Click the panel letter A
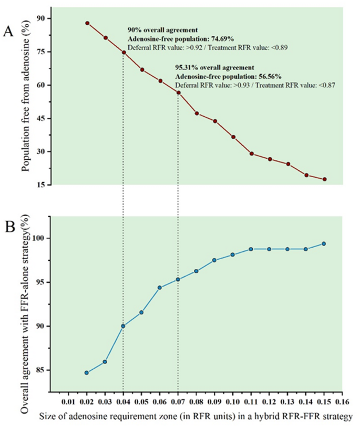point(8,32)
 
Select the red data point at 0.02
point(87,23)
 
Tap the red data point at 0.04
point(124,53)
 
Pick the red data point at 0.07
point(178,93)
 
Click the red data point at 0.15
point(324,179)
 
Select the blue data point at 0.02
point(87,373)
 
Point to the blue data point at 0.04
point(124,326)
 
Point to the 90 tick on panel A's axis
point(41,18)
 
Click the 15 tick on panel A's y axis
point(41,185)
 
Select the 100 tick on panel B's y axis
point(39,238)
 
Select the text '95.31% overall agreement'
point(214,67)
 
